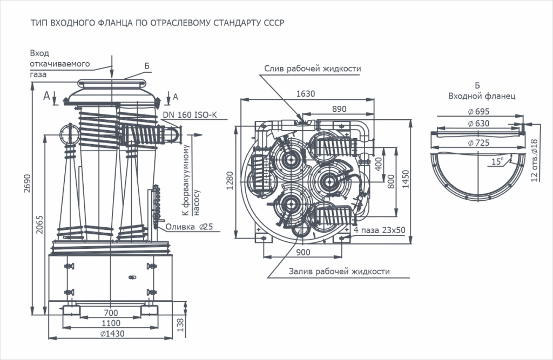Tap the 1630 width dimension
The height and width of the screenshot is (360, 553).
pyautogui.click(x=306, y=94)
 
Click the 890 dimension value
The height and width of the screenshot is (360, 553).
pyautogui.click(x=339, y=109)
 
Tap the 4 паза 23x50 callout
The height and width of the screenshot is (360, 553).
pyautogui.click(x=380, y=230)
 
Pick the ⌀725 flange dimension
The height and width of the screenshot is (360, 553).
pyautogui.click(x=478, y=142)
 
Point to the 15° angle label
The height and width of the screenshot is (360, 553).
pyautogui.click(x=496, y=160)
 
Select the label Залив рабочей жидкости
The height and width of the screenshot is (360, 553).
pyautogui.click(x=340, y=271)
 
